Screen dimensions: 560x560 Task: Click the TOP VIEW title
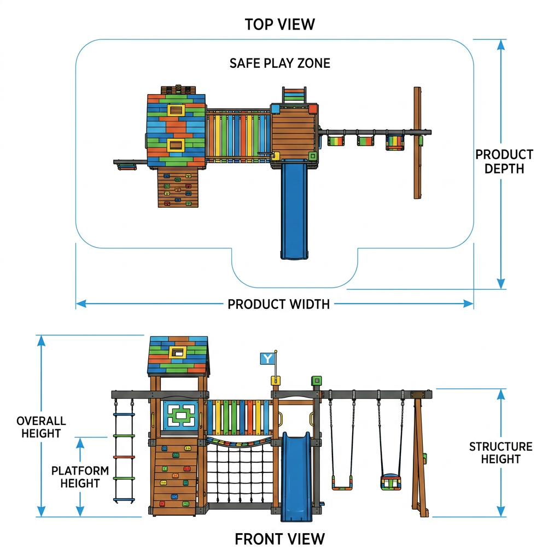coord(279,24)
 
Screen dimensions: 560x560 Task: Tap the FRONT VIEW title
coord(279,539)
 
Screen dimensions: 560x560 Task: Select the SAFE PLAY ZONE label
coord(279,63)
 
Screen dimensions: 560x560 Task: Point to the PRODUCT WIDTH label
coord(278,304)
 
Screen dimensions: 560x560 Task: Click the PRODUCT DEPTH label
coord(504,161)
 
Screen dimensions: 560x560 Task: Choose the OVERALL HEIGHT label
coord(41,427)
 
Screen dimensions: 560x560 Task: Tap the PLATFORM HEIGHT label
coord(80,477)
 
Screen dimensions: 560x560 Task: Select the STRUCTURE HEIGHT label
coord(501,452)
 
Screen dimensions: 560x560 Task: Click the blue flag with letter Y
coord(267,359)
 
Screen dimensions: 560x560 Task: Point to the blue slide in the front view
coord(296,477)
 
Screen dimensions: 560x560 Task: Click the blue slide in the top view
coord(294,209)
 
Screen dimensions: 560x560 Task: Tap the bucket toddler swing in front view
coord(390,482)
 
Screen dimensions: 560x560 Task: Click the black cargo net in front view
coord(240,471)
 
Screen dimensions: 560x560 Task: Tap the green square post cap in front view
coord(317,381)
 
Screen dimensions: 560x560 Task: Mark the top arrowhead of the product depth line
coord(501,45)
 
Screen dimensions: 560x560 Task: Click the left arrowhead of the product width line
coord(81,304)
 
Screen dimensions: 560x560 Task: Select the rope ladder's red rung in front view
coord(124,457)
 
